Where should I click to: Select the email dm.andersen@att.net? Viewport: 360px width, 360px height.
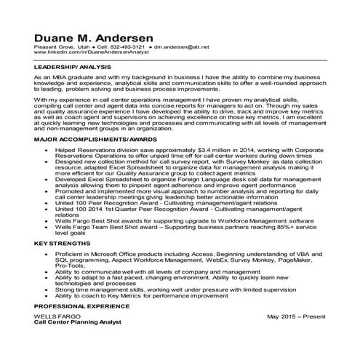click(181, 47)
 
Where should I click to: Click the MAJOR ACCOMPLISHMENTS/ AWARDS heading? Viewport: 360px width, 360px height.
click(95, 138)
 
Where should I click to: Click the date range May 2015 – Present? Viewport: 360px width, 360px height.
click(295, 317)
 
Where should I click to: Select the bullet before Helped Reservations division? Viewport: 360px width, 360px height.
click(46, 148)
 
